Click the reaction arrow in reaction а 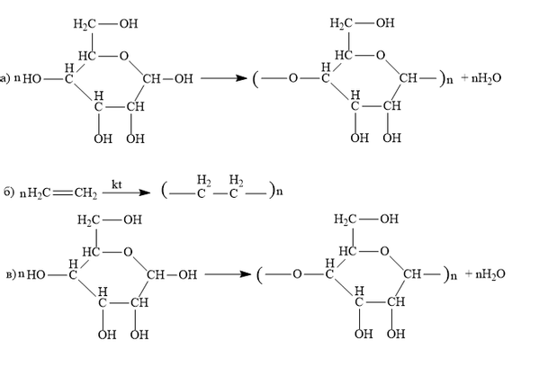[224, 78]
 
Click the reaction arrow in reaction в [228, 274]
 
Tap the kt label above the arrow [117, 184]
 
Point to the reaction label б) [9, 192]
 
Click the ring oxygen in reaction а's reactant [124, 56]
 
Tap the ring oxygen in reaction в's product [384, 252]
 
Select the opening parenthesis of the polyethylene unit [165, 191]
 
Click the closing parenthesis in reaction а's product [443, 79]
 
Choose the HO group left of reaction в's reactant [36, 275]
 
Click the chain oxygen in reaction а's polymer [292, 78]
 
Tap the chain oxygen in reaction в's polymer [297, 274]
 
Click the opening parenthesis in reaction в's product [260, 275]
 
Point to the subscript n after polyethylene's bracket [280, 192]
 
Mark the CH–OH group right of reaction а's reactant [167, 79]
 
